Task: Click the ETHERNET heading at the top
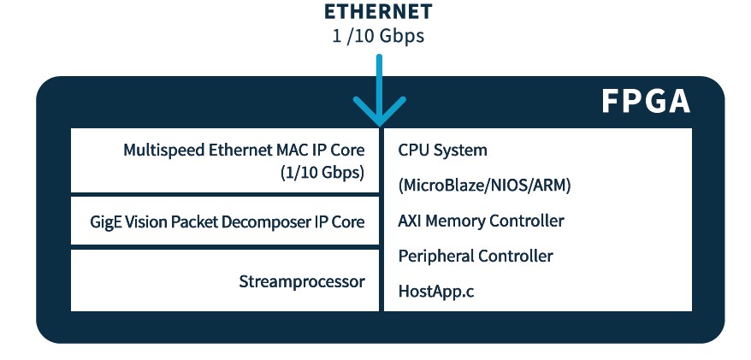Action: click(x=377, y=13)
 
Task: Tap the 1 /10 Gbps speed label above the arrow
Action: click(x=377, y=37)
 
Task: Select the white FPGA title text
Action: click(x=644, y=102)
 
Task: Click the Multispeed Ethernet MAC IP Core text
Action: click(x=244, y=150)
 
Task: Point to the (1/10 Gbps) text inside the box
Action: click(x=322, y=172)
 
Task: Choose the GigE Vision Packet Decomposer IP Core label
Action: click(x=227, y=221)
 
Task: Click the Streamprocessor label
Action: click(x=302, y=281)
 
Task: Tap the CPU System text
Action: click(x=442, y=150)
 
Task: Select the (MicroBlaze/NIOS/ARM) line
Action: click(x=484, y=186)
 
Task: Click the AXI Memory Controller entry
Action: click(x=481, y=221)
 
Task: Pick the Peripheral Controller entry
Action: click(x=476, y=256)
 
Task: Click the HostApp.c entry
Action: click(x=435, y=291)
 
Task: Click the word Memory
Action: click(x=456, y=221)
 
